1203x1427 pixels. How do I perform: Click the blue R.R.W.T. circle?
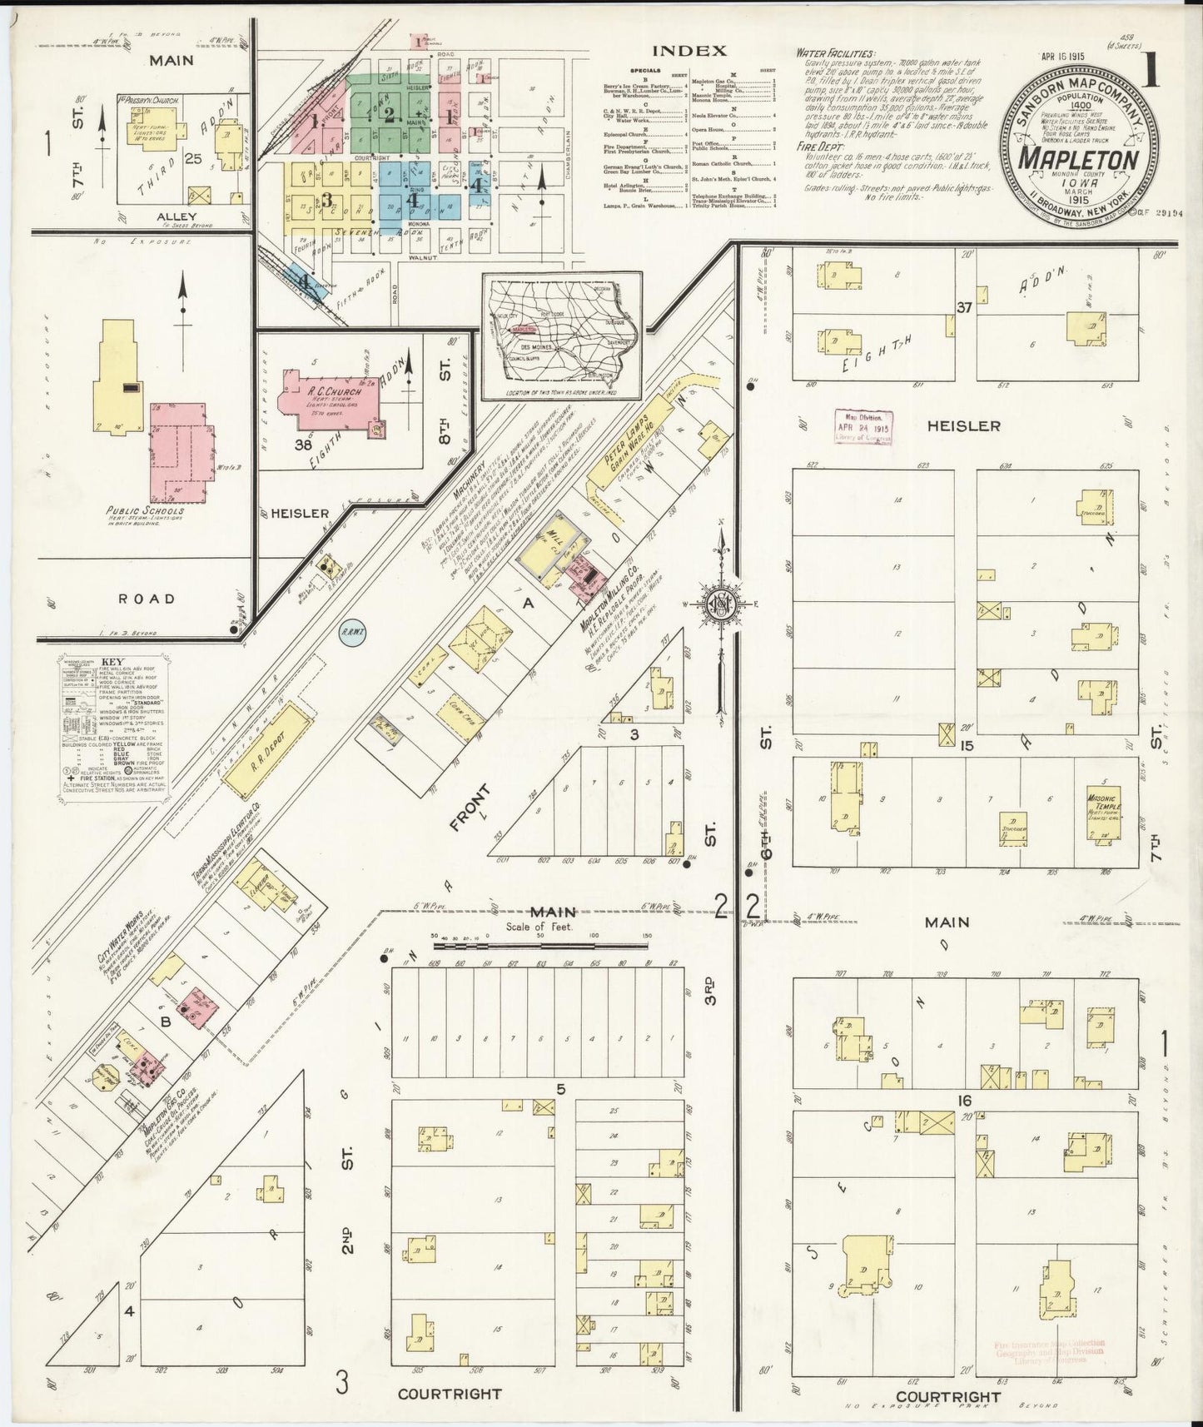[350, 635]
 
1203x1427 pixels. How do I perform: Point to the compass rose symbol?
[721, 606]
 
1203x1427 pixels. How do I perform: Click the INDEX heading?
[688, 51]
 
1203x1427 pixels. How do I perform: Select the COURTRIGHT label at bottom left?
[450, 1393]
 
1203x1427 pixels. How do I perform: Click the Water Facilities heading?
[835, 52]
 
